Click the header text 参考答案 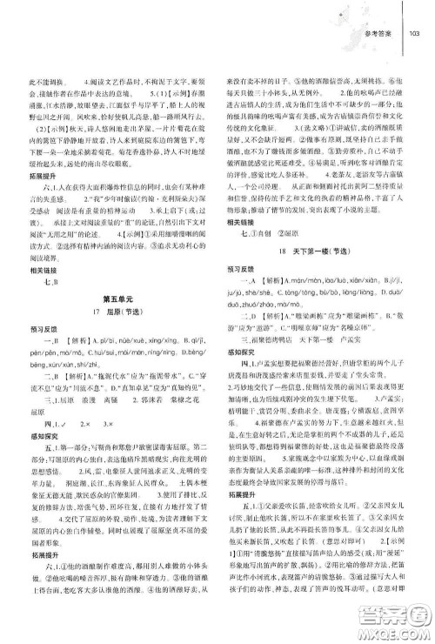(x=381, y=34)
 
